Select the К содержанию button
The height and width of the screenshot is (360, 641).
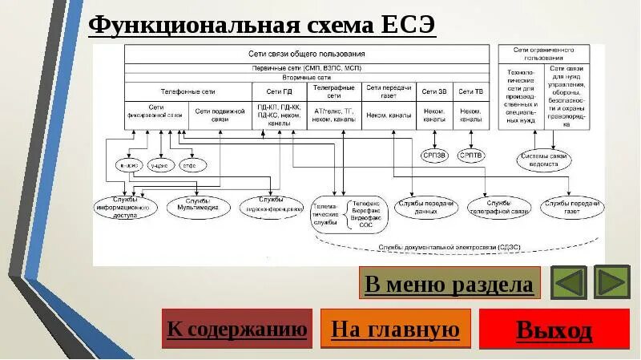236,329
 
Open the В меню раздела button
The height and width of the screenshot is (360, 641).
449,284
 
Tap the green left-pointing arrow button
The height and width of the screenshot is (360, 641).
569,283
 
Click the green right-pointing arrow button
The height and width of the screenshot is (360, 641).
612,283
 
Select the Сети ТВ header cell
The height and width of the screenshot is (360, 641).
471,91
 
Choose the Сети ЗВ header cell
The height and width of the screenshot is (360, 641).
434,91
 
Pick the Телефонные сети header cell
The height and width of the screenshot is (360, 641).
187,91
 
